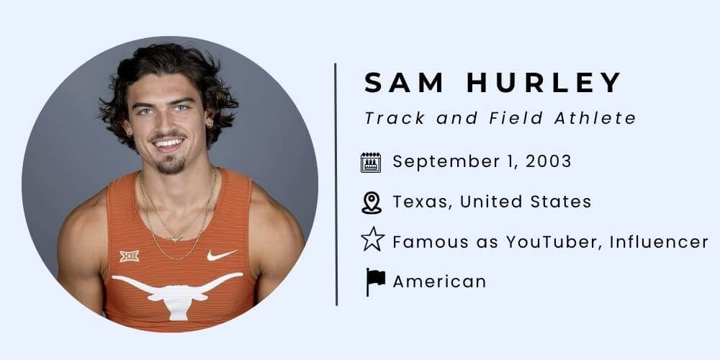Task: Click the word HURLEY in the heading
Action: click(x=544, y=84)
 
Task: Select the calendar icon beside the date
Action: click(x=371, y=162)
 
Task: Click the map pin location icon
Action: click(x=372, y=202)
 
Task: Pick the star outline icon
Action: click(x=372, y=240)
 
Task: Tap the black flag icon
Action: click(x=374, y=282)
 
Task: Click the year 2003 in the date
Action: click(x=549, y=162)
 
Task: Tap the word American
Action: click(x=439, y=282)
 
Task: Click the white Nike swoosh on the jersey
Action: click(x=221, y=255)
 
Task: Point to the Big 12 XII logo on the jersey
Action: click(x=130, y=256)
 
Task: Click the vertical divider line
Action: click(x=336, y=184)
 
